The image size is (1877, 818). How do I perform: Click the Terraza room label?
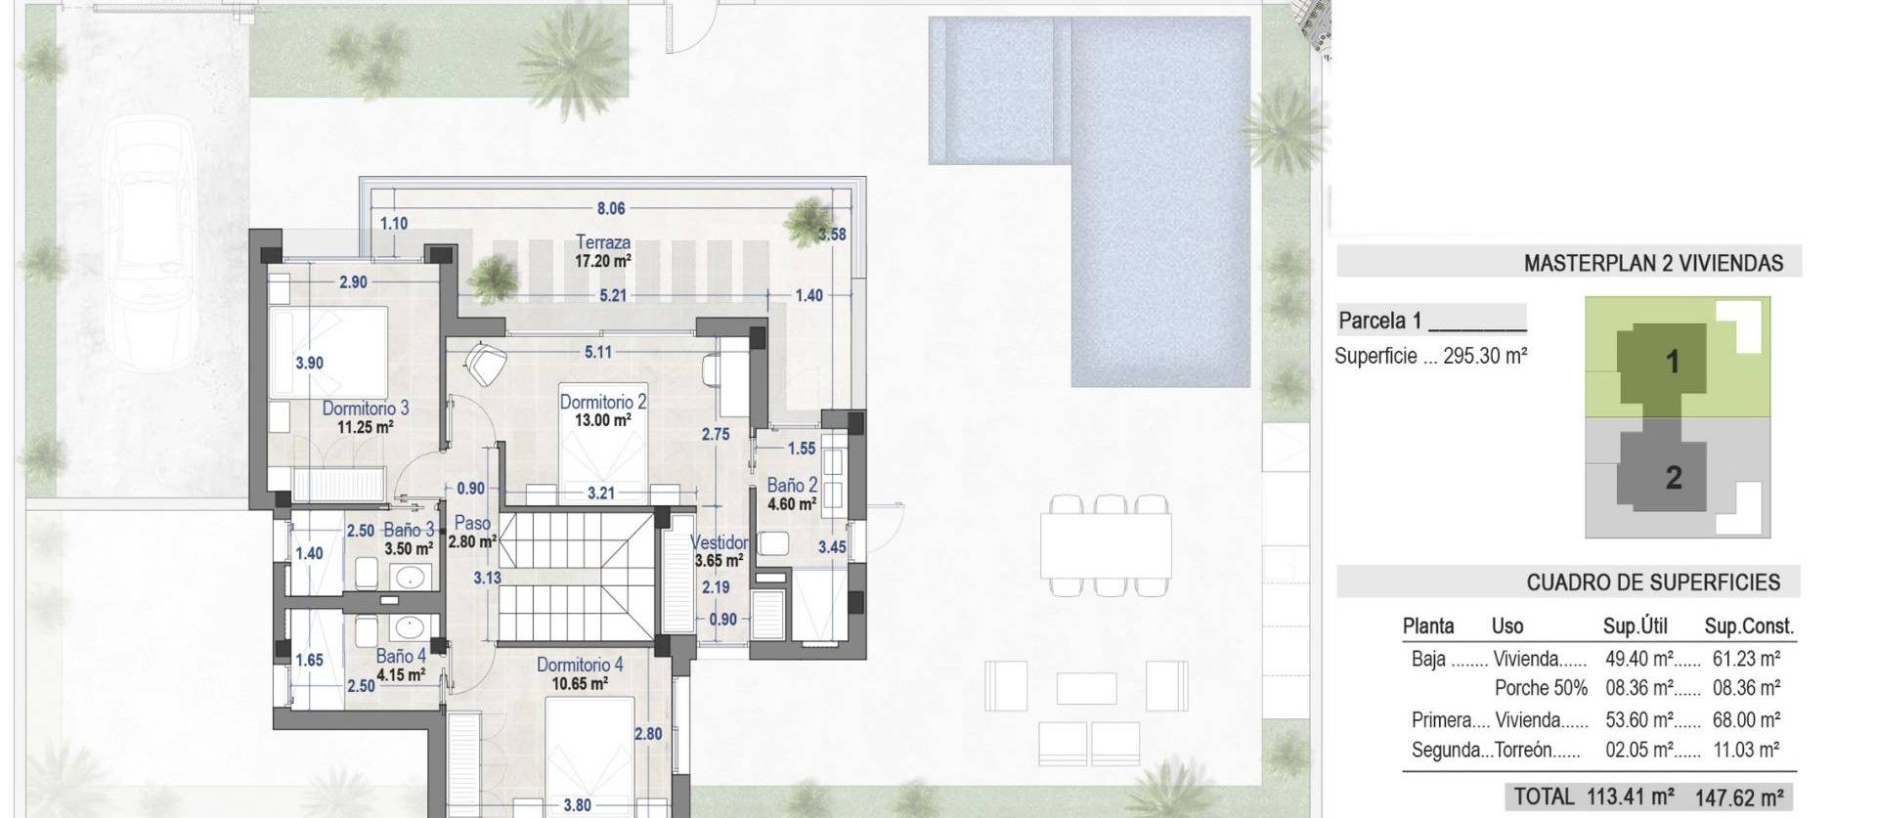click(x=602, y=241)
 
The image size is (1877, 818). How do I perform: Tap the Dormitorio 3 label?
click(x=366, y=409)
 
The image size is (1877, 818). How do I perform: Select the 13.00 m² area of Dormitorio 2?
click(x=602, y=420)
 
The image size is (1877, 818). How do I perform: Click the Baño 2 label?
click(x=792, y=485)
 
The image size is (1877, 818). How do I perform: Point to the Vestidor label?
click(x=719, y=542)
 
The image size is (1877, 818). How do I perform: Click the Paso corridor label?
click(x=472, y=523)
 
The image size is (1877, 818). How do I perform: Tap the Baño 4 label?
click(x=401, y=657)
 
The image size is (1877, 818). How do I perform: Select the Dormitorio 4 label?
click(x=580, y=665)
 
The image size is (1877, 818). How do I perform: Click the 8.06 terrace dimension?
click(x=611, y=208)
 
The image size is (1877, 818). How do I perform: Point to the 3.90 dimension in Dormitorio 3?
click(x=309, y=363)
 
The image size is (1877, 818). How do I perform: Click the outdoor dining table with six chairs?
click(x=1106, y=545)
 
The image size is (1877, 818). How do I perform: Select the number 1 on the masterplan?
click(x=1673, y=362)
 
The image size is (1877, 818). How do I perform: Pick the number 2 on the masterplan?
click(x=1674, y=477)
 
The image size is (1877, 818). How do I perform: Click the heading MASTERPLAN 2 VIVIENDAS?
click(x=1653, y=263)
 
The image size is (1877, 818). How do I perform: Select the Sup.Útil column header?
click(x=1635, y=626)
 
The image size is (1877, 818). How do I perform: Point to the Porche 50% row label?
click(x=1541, y=688)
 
